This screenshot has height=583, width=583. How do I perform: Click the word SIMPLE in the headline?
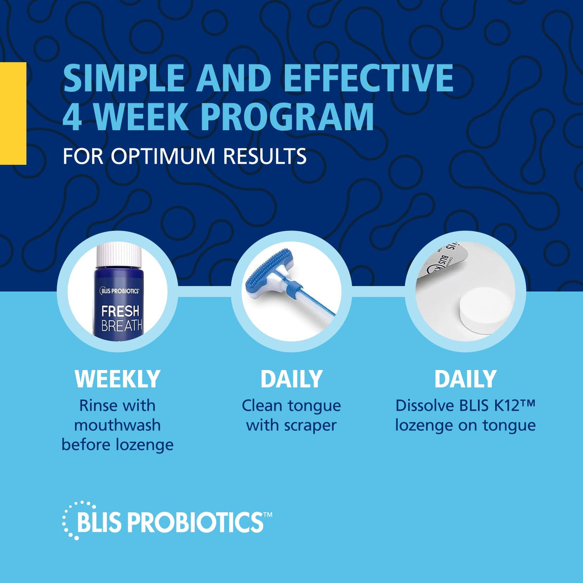124,78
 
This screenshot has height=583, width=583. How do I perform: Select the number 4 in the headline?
72,117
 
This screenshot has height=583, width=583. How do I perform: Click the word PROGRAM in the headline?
287,117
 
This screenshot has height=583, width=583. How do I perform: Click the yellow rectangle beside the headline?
13,113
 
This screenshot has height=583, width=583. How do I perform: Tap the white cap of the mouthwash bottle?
119,255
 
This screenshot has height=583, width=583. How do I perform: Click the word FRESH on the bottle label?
120,311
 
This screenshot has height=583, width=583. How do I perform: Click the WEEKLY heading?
117,379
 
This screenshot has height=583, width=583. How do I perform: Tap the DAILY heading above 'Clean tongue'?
291,379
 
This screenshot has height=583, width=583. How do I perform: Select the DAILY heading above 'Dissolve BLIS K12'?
465,379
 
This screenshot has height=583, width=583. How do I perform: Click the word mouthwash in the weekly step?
117,425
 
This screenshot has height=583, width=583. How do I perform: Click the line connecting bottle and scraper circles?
204,291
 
